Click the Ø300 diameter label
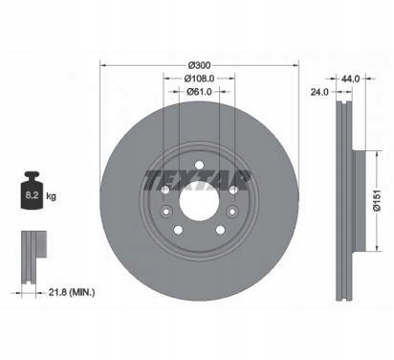[199, 65]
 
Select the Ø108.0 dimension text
[199, 79]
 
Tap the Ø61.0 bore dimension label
[199, 92]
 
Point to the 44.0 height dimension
[350, 79]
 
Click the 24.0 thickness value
[319, 92]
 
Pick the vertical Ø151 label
[377, 200]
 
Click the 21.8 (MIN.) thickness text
[72, 292]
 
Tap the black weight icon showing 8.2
[32, 191]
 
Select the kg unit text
[51, 195]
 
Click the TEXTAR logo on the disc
[197, 180]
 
